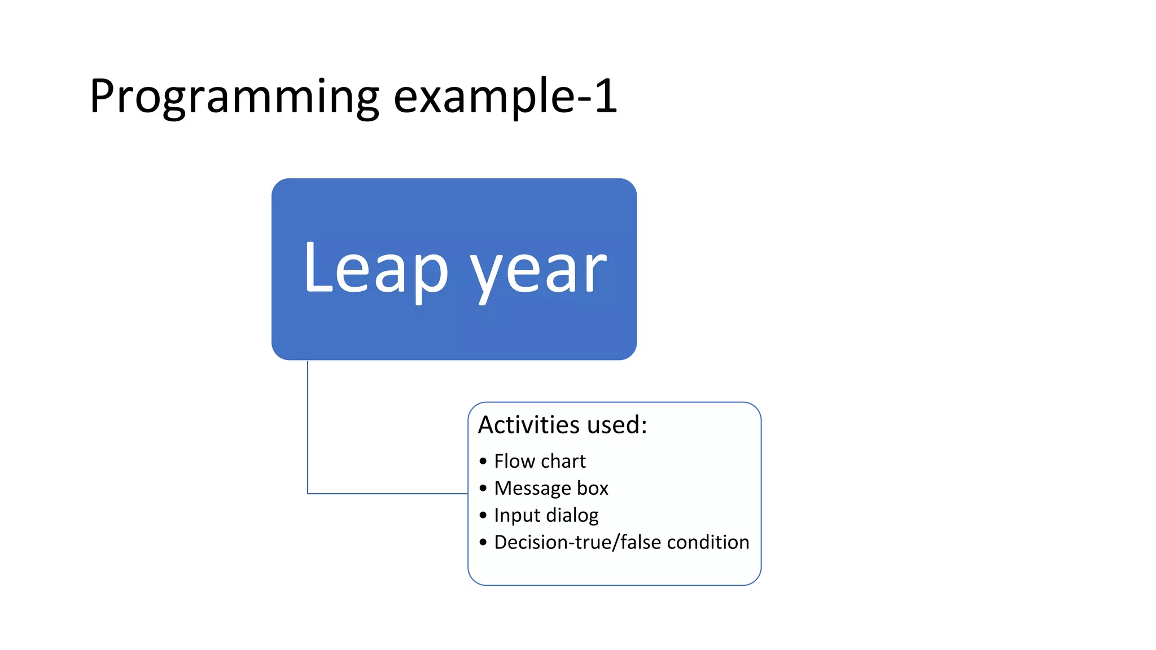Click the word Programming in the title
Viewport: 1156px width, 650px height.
(x=234, y=97)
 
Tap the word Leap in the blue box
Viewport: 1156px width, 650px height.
(x=375, y=268)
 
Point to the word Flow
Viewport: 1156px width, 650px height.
(x=514, y=461)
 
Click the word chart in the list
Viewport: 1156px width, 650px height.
(x=563, y=461)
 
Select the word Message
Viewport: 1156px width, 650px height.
(x=532, y=488)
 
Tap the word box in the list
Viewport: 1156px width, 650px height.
(x=592, y=488)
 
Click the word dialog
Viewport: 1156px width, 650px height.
(x=571, y=515)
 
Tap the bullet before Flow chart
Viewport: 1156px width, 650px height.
(x=483, y=462)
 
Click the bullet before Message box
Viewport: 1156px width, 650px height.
(x=483, y=489)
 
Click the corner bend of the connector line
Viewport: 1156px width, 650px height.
(x=308, y=494)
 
